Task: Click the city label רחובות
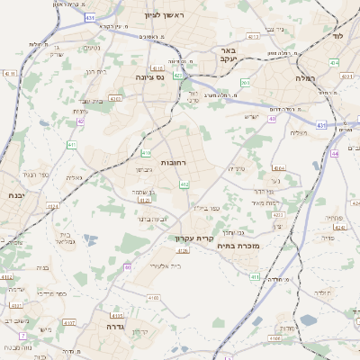coord(173,162)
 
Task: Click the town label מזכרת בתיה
coord(238,244)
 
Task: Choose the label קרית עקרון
coord(191,238)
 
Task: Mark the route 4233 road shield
coord(277,215)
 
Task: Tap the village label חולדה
coord(321,292)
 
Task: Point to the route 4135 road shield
coord(157,67)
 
